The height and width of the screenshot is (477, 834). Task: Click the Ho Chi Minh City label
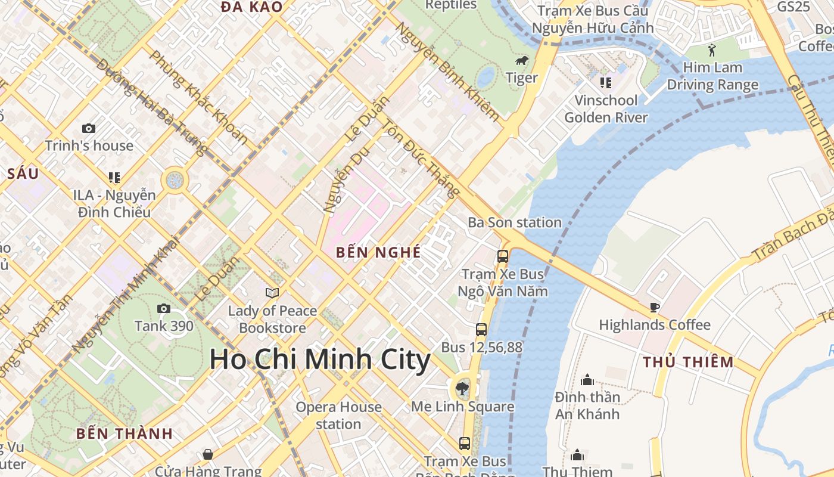point(320,360)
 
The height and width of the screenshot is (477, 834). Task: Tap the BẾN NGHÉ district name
point(378,252)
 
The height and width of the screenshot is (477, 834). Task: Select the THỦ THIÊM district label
point(688,362)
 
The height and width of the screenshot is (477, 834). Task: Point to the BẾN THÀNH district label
point(125,433)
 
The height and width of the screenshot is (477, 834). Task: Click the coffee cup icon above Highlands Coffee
point(654,308)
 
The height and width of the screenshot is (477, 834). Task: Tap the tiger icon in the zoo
point(522,61)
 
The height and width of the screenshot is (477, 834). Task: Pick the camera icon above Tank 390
point(164,308)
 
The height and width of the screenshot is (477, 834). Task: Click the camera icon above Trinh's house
point(89,128)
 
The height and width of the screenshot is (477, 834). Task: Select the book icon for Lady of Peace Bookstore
point(272,293)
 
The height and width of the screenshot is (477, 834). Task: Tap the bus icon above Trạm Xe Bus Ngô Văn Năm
point(503,256)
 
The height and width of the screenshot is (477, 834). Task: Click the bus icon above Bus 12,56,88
point(481,329)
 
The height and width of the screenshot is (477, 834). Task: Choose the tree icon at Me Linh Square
point(462,389)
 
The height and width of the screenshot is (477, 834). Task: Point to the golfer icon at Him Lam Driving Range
point(712,50)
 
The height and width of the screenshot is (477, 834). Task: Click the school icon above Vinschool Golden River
point(605,82)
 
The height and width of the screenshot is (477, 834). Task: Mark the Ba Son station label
point(515,222)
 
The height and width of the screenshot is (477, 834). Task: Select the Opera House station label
point(338,416)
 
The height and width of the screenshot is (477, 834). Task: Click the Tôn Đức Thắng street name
point(421,159)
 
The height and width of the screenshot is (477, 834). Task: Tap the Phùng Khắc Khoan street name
point(198,97)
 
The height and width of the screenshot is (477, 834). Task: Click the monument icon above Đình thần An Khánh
point(587,380)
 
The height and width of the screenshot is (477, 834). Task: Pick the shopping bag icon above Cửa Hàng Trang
point(208,454)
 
